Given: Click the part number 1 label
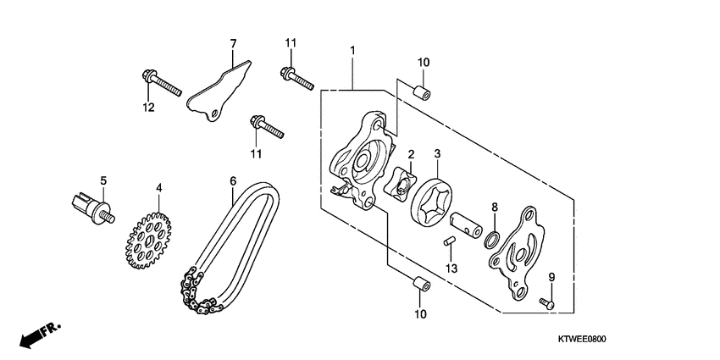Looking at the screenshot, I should [x=352, y=52].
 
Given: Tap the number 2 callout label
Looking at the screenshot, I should [x=410, y=155].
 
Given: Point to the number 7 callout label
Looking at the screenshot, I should [x=233, y=42].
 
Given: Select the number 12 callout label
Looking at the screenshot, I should [x=149, y=106].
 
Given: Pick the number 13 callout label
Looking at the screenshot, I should [x=451, y=269].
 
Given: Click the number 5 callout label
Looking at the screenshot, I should [x=103, y=180].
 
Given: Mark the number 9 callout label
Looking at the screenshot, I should [x=551, y=278].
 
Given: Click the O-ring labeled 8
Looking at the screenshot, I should [x=492, y=238].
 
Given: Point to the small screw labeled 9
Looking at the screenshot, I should [x=546, y=301].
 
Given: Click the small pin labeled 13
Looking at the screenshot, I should [x=451, y=241].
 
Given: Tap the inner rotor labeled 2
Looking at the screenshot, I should [x=400, y=183].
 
